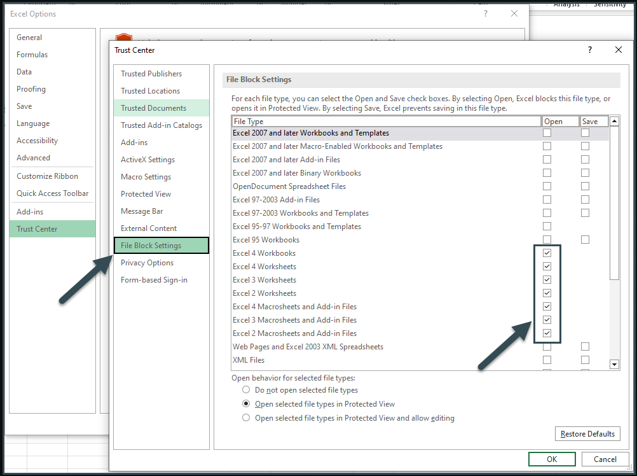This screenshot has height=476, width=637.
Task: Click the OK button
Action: [551, 459]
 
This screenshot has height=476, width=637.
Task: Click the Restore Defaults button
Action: [587, 434]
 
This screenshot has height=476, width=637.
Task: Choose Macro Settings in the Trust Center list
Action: [146, 177]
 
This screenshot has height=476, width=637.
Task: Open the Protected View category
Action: [146, 194]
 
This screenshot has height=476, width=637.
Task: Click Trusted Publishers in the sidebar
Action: [151, 74]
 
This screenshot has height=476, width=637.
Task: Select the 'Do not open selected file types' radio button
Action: [246, 390]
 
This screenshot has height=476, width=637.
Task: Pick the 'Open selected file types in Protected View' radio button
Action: [246, 404]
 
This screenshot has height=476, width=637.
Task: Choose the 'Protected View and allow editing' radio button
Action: [246, 418]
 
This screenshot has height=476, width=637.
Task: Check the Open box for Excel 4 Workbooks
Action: [547, 253]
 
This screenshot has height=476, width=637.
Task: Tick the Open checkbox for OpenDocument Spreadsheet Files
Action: [547, 186]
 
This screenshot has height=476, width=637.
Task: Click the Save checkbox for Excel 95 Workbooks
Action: [585, 240]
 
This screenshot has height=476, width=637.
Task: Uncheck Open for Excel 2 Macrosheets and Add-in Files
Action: [547, 333]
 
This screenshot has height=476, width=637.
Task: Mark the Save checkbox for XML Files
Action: [585, 360]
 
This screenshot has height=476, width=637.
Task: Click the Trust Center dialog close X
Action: [619, 50]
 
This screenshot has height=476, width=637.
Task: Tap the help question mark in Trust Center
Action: [590, 50]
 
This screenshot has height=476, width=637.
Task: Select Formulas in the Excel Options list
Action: [32, 55]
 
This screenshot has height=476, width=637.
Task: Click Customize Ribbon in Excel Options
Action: [47, 176]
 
